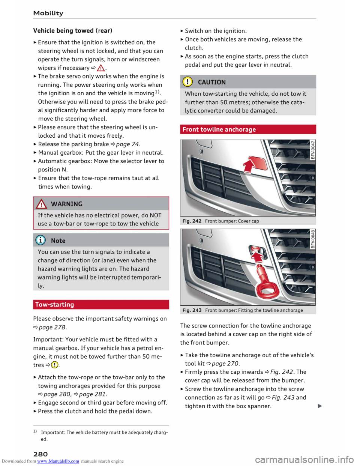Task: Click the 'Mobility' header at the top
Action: click(48, 13)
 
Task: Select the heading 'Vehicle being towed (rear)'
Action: click(72, 30)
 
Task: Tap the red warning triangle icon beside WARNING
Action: click(42, 204)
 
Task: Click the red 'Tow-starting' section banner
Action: click(55, 305)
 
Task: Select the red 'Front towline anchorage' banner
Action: click(219, 129)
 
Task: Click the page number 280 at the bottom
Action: click(40, 454)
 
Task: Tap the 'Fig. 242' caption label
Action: click(192, 221)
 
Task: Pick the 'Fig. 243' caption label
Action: click(192, 310)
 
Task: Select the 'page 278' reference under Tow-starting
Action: click(52, 327)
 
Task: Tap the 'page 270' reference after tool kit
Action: click(225, 363)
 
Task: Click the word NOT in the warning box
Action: click(156, 215)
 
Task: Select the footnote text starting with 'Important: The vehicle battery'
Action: click(104, 433)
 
